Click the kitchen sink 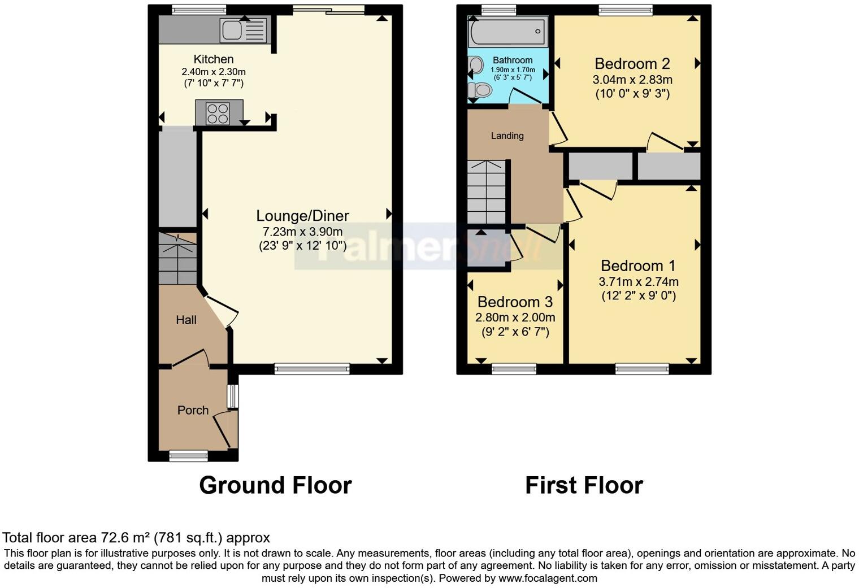tap(244, 30)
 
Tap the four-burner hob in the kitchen tap(218, 112)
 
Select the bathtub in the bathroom tap(507, 32)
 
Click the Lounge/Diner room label tap(302, 216)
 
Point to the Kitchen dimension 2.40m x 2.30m tap(213, 72)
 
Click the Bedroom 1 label tap(638, 265)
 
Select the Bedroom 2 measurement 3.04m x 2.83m tap(632, 80)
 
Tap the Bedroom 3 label tap(515, 302)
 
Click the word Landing tap(507, 136)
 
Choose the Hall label tap(186, 320)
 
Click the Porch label tap(193, 410)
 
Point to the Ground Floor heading tap(275, 485)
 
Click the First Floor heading tap(584, 485)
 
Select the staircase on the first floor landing tap(486, 192)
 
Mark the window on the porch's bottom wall tap(189, 455)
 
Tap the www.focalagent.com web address tap(547, 578)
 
